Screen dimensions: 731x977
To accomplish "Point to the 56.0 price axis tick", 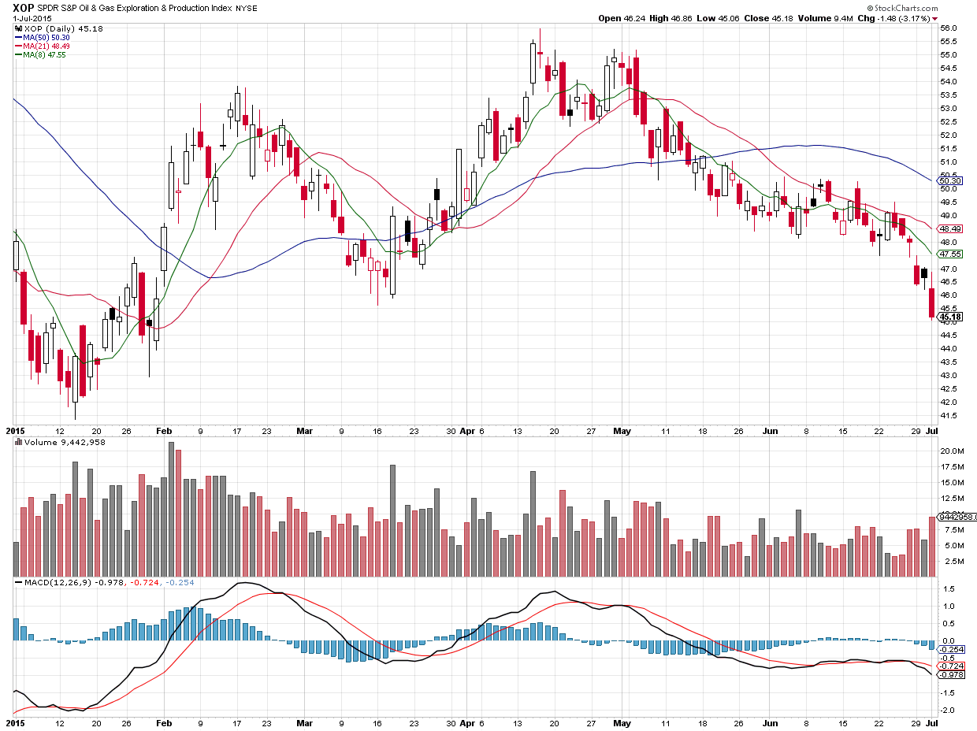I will pos(948,28).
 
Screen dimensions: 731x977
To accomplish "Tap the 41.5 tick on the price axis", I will pos(948,415).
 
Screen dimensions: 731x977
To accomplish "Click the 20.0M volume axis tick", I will pos(950,451).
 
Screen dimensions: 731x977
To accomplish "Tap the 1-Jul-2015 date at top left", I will pos(23,18).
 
